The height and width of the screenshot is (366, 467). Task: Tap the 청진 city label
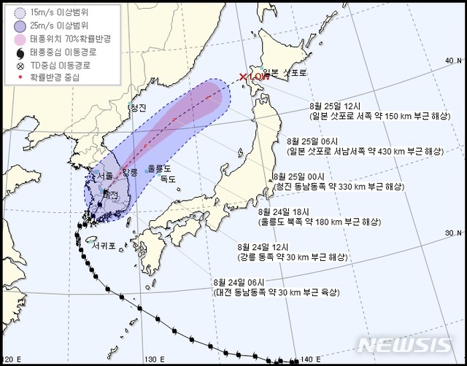pos(138,107)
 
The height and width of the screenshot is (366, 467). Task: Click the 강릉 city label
pos(129,172)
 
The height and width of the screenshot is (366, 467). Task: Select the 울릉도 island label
pos(158,168)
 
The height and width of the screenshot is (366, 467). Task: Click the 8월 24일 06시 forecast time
pos(236,281)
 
